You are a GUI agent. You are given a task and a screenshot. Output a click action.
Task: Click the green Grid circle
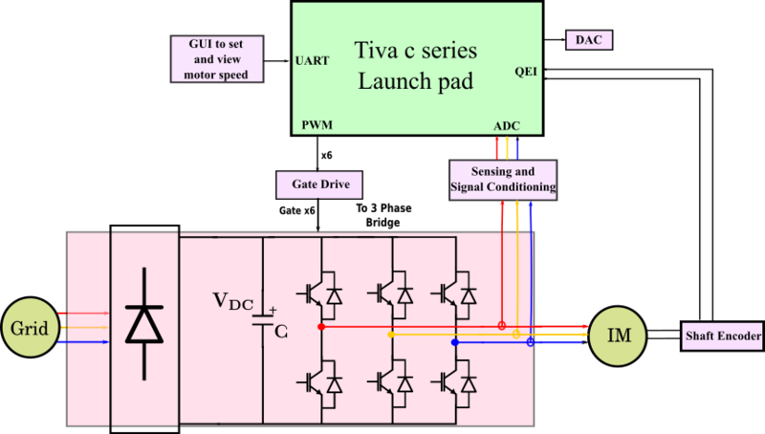(30, 326)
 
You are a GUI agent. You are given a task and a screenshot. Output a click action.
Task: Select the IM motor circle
(616, 336)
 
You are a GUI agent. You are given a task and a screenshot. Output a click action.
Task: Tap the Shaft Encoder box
(722, 336)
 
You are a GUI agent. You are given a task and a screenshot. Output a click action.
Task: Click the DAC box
(588, 40)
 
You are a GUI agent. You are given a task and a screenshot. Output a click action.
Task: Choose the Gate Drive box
(318, 182)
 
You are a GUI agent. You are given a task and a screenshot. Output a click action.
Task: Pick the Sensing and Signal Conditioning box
(502, 179)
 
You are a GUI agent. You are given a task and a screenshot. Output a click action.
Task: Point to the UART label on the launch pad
(314, 60)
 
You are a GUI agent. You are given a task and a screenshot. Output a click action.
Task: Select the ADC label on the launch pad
(507, 126)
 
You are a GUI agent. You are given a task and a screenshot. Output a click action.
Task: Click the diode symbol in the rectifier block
(145, 325)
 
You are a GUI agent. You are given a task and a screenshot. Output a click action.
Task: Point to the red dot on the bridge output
(321, 327)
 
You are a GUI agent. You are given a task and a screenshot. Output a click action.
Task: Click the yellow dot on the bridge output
(391, 335)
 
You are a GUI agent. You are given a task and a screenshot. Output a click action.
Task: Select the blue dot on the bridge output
(455, 342)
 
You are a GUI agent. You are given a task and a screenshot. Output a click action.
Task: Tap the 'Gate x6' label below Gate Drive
(296, 210)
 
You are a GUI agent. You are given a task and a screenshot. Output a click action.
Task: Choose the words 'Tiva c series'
(416, 50)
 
